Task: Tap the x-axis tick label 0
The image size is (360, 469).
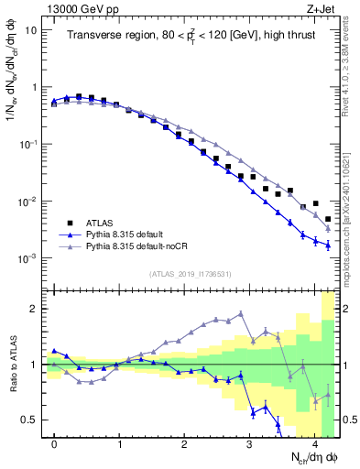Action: pos(54,443)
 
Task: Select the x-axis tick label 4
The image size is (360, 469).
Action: pos(315,443)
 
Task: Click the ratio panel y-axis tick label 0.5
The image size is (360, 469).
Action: pos(29,420)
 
